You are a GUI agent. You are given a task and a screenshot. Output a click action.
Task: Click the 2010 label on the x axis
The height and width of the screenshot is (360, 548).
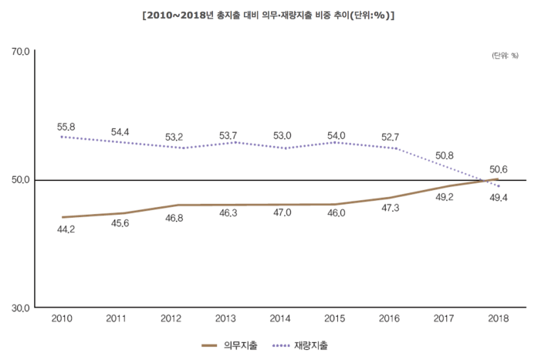62,318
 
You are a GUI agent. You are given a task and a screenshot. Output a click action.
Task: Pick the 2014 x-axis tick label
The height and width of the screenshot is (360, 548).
280,318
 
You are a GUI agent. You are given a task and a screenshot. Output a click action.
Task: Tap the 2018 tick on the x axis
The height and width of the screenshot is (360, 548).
499,318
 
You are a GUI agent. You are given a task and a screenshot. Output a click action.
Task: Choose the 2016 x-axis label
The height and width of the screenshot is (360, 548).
390,318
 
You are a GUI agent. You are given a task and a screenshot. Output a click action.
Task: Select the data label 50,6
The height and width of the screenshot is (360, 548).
498,169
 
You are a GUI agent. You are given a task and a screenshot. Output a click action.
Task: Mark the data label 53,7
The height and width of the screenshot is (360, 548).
228,135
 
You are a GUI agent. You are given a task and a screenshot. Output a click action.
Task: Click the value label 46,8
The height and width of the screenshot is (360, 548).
174,219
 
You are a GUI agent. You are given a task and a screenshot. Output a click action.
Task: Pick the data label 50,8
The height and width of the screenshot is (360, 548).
445,155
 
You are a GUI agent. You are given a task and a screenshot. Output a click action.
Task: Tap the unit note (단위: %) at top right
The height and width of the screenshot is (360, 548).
505,56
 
